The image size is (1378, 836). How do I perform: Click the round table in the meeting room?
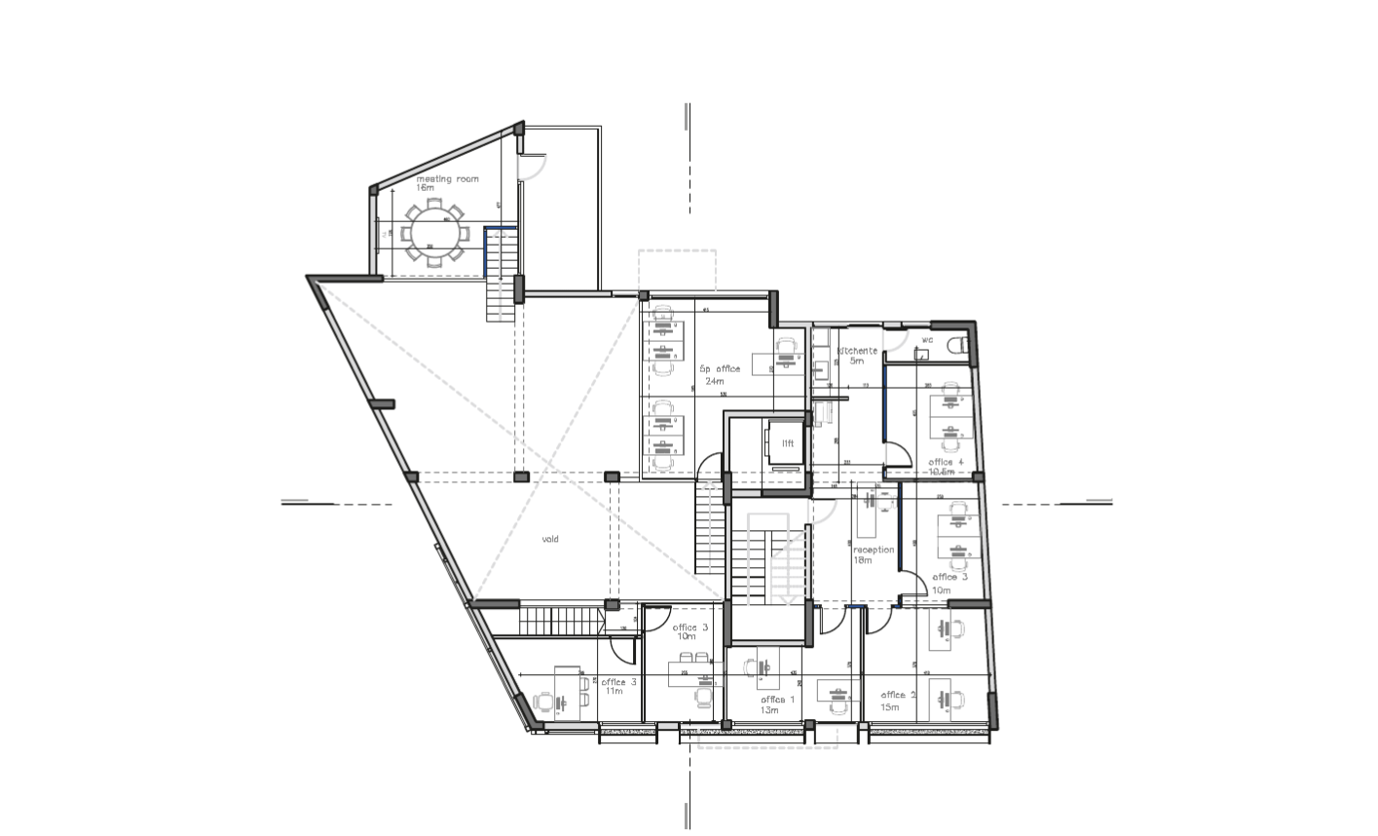pyautogui.click(x=435, y=231)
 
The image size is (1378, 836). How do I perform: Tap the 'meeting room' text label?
pyautogui.click(x=448, y=179)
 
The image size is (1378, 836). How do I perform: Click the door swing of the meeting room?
pyautogui.click(x=531, y=167)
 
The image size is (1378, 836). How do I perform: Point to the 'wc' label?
pyautogui.click(x=927, y=340)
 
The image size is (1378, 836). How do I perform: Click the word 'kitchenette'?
pyautogui.click(x=857, y=351)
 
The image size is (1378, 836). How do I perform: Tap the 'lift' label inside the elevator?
pyautogui.click(x=788, y=443)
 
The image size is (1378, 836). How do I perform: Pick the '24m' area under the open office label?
pyautogui.click(x=715, y=381)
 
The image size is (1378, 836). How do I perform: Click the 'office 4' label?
pyautogui.click(x=946, y=462)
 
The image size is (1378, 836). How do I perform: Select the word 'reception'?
pyautogui.click(x=873, y=550)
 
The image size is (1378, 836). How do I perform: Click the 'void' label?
pyautogui.click(x=550, y=539)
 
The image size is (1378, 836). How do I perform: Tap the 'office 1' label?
pyautogui.click(x=777, y=700)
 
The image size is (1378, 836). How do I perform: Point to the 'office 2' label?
pyautogui.click(x=898, y=695)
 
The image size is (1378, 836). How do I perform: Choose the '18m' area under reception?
pyautogui.click(x=862, y=560)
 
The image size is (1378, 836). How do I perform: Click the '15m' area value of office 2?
pyautogui.click(x=890, y=706)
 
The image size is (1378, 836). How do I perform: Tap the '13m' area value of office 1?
pyautogui.click(x=769, y=710)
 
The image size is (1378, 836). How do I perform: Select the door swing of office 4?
pyautogui.click(x=898, y=454)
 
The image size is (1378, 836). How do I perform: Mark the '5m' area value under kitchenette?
pyautogui.click(x=857, y=361)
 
